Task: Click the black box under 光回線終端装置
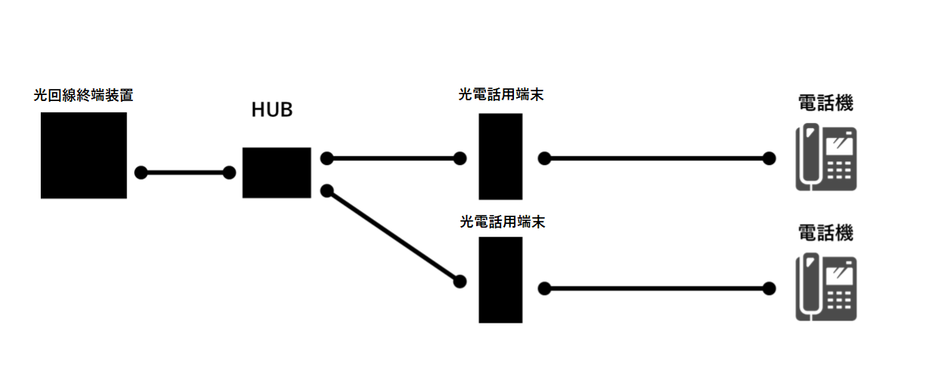pos(84,155)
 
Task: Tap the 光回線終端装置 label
pos(83,95)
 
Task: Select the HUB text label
pos(272,110)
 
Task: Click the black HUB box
pos(277,173)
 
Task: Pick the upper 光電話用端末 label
pos(501,94)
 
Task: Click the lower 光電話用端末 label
pos(503,222)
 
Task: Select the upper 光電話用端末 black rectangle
pos(500,157)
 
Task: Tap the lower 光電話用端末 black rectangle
pos(500,280)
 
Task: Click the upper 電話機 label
pos(826,103)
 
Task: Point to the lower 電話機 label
pos(826,233)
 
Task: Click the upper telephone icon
pos(826,157)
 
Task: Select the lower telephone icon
pos(826,286)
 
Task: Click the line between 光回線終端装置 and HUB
pos(185,173)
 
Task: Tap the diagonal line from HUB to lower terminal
pos(393,236)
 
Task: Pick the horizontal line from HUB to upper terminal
pos(393,158)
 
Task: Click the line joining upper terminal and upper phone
pos(657,158)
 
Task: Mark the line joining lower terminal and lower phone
pos(657,288)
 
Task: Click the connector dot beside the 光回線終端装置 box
pos(141,173)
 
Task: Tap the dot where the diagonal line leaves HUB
pos(327,191)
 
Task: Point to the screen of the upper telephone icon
pos(839,146)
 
